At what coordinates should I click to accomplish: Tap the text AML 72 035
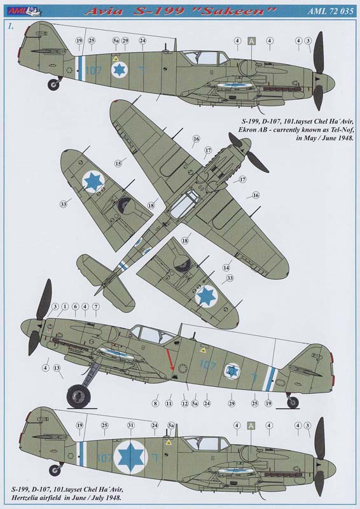point(331,11)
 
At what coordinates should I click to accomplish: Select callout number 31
point(130,425)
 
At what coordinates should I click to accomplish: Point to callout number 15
point(118,164)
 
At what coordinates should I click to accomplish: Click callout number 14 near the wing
point(226,267)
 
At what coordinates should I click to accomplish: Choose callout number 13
point(57,368)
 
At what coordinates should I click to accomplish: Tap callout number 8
point(155,403)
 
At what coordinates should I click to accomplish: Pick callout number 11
point(169,403)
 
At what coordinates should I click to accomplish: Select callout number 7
point(96,307)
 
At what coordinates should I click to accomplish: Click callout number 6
point(75,307)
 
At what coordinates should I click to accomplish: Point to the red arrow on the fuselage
point(170,359)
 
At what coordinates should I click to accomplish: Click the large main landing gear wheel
point(79,396)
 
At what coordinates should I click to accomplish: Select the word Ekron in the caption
point(247,130)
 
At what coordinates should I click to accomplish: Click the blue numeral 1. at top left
point(11,27)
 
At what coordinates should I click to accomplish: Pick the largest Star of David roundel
point(130,457)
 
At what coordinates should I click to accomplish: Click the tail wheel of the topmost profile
point(53,85)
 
